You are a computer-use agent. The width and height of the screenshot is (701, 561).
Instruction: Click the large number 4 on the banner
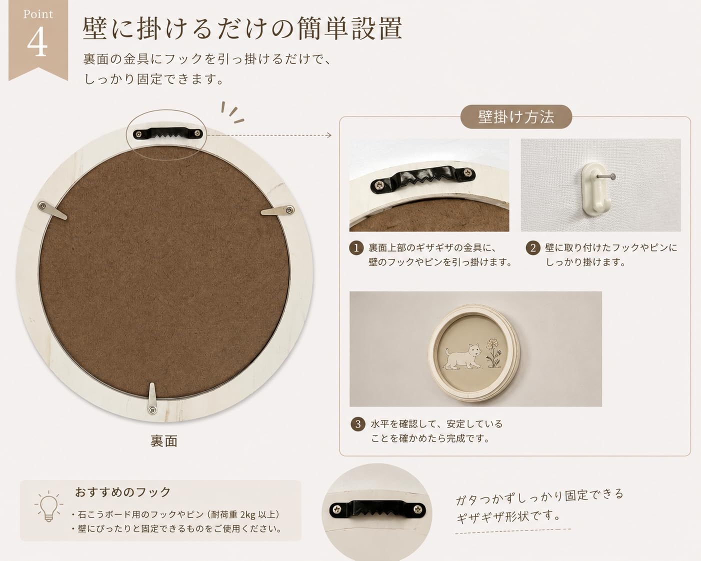(x=37, y=41)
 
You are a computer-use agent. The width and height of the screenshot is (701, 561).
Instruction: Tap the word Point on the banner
(x=38, y=14)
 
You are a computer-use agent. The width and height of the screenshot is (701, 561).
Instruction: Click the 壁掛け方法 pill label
(x=516, y=116)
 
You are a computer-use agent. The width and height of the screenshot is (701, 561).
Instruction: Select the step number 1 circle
(x=356, y=248)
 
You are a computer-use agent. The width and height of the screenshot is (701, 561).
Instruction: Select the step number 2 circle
(x=533, y=248)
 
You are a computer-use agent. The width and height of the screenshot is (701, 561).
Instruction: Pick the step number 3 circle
(x=358, y=424)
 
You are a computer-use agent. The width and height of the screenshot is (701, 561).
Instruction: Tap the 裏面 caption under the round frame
(x=164, y=441)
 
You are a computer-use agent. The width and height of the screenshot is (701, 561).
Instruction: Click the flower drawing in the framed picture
(x=494, y=353)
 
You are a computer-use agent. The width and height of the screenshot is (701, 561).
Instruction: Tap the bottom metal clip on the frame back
(x=152, y=399)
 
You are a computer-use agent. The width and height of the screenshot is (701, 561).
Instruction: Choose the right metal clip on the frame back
(x=278, y=210)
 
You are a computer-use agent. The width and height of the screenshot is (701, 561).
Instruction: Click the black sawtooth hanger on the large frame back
(x=168, y=133)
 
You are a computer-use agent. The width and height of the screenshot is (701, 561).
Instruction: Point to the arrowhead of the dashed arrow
(x=329, y=135)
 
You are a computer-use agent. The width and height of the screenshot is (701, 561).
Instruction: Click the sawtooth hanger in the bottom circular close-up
(x=377, y=508)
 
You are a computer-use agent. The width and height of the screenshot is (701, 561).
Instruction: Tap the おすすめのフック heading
(x=123, y=491)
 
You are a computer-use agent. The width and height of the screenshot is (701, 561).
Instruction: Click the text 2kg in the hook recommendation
(x=247, y=514)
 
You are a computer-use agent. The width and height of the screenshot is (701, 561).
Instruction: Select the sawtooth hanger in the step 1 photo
(x=423, y=179)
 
